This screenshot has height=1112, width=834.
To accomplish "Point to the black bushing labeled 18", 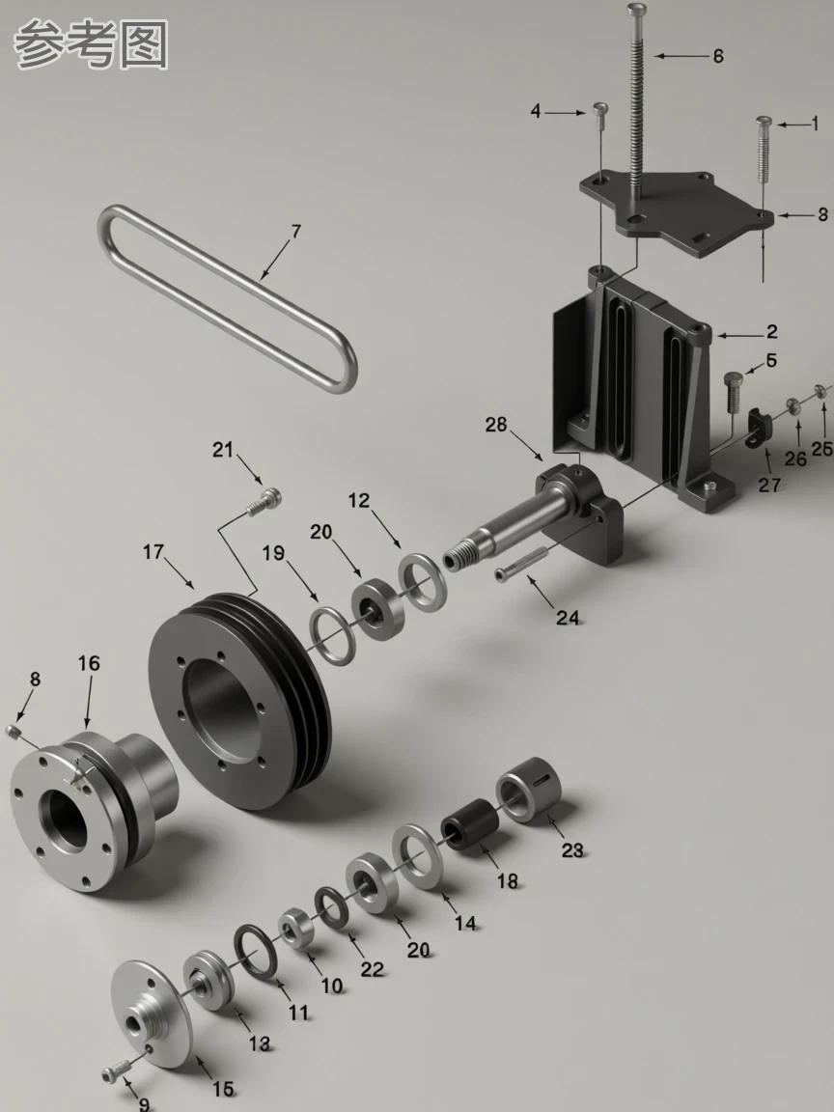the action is (469, 823).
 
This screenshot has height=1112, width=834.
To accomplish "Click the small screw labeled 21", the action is (264, 501).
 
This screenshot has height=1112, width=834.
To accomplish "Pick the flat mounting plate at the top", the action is (676, 210).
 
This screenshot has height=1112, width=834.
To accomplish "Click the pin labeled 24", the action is (522, 564).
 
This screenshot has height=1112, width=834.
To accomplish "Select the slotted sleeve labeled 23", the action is (528, 790).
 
